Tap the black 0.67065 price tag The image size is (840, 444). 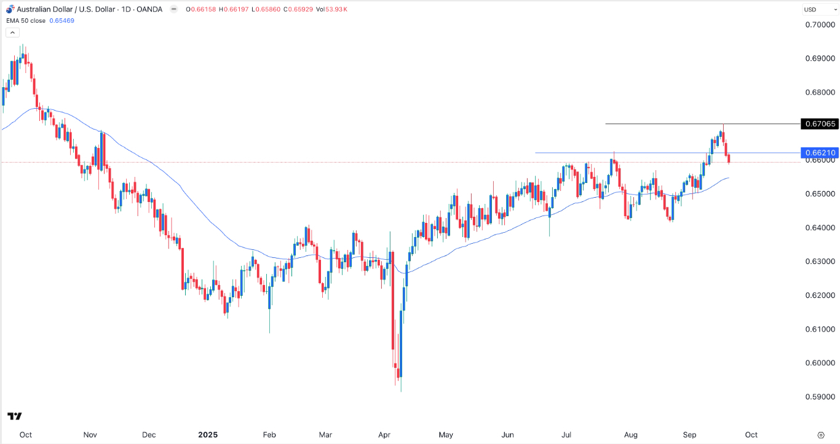click(820, 124)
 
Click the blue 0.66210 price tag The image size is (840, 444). click(820, 152)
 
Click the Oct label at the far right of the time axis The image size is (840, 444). click(751, 434)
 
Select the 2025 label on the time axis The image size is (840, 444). click(207, 434)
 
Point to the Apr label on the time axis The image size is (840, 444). click(384, 434)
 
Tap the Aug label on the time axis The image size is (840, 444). click(630, 434)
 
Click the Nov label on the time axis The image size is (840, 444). click(90, 434)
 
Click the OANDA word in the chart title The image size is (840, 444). click(150, 10)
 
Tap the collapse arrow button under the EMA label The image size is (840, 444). click(10, 33)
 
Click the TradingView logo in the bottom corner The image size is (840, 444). click(15, 416)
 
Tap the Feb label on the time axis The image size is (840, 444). click(269, 434)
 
